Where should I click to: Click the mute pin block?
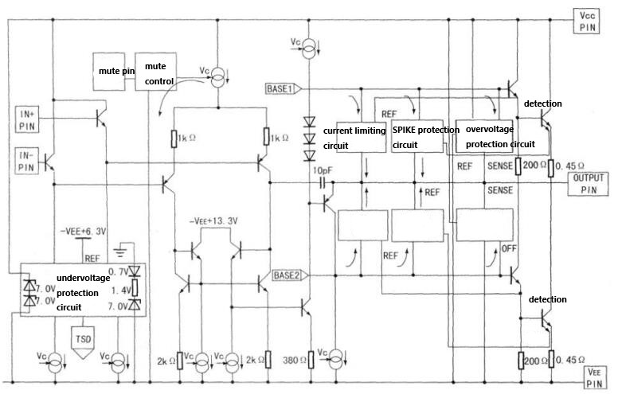[111, 72]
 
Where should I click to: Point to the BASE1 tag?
[283, 88]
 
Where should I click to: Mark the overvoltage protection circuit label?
[499, 138]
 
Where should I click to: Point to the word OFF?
[510, 248]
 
